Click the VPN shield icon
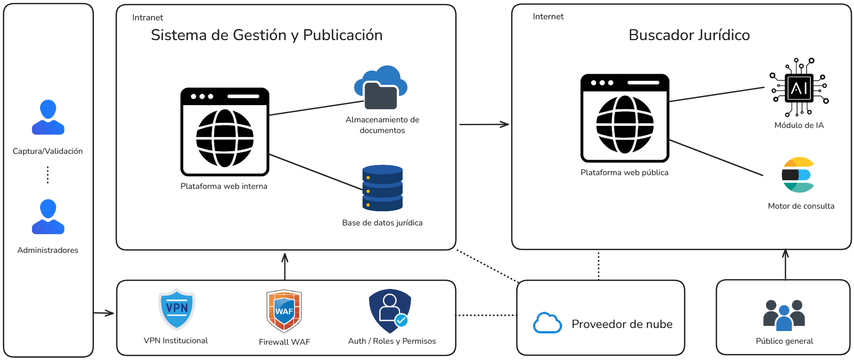tap(177, 309)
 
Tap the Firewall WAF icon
tap(284, 311)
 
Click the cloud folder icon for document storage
tap(381, 87)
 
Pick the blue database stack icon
tap(382, 188)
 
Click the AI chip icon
tap(799, 88)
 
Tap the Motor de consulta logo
tap(798, 175)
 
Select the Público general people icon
tap(784, 315)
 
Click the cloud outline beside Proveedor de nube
tap(547, 323)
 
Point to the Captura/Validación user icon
tap(48, 117)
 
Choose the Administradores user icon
tap(48, 217)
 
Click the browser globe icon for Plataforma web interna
tap(224, 132)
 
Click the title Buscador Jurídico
tap(689, 35)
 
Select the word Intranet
tap(147, 17)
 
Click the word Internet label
tap(548, 16)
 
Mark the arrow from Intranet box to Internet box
tap(483, 124)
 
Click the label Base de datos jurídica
tap(382, 223)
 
